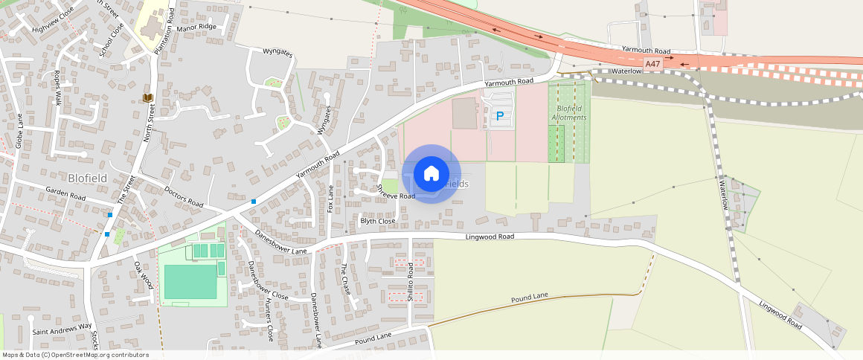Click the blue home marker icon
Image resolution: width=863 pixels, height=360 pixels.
point(431,173)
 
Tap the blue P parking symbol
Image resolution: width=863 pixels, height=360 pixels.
point(500,116)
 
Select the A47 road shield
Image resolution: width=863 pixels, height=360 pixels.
point(652,65)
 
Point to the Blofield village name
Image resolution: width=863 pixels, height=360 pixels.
point(88,178)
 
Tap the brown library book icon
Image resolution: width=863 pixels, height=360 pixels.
point(147,97)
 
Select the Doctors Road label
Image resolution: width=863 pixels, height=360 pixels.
point(184,197)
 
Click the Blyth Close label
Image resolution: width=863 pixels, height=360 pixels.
point(377,221)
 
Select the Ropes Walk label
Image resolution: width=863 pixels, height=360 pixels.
point(57,88)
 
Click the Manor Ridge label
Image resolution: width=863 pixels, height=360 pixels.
point(197,27)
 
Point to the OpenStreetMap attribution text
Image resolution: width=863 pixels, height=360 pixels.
point(76,355)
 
